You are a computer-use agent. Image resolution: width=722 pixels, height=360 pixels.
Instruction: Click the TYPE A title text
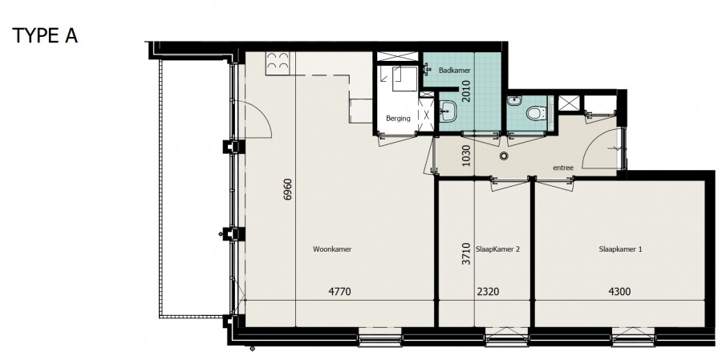[45, 35]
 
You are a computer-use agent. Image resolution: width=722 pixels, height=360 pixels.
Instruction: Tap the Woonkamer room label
[332, 249]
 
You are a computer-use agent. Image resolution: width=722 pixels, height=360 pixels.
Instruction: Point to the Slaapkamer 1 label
[620, 249]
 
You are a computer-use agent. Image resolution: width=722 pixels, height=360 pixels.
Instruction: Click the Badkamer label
[455, 71]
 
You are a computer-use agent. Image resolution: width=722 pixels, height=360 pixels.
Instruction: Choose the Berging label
[398, 119]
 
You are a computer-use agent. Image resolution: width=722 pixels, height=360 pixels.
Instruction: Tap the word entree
[563, 168]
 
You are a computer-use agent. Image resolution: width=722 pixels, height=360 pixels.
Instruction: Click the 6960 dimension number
[288, 189]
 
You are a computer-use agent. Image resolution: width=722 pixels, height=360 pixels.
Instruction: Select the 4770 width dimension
[339, 291]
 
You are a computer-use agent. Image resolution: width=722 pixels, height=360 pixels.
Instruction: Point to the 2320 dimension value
[488, 291]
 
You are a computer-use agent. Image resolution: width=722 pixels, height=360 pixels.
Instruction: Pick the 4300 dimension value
[619, 291]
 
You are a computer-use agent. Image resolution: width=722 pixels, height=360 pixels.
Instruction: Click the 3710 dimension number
[466, 253]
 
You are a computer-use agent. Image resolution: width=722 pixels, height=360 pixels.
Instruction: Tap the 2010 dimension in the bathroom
[466, 91]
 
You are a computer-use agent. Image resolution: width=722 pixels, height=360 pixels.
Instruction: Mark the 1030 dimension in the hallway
[466, 156]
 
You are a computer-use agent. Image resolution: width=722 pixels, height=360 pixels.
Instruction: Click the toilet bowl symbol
[536, 113]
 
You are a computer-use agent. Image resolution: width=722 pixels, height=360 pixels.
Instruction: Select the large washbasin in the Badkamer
[447, 111]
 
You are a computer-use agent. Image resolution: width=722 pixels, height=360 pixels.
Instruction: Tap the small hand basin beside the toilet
[514, 100]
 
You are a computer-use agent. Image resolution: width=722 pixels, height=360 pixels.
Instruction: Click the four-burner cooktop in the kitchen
[278, 63]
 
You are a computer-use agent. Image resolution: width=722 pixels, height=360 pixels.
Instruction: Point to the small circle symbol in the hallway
[505, 156]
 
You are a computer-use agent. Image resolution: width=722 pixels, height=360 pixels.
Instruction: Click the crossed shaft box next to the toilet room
[569, 103]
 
